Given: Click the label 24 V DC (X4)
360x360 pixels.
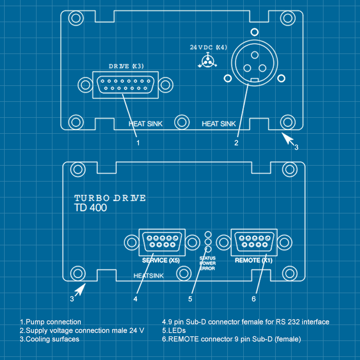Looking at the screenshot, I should [x=208, y=47].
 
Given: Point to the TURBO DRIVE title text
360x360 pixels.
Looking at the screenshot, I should [x=110, y=198].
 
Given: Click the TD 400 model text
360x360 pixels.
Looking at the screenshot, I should [x=91, y=208].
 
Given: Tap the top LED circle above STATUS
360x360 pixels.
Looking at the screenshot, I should [x=208, y=234].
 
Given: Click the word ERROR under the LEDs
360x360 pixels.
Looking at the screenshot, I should [x=207, y=268].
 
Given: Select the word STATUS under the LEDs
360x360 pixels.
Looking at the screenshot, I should [x=207, y=257].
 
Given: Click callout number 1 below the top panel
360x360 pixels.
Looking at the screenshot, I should [x=138, y=143].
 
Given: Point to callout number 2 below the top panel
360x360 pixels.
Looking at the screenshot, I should [x=236, y=143].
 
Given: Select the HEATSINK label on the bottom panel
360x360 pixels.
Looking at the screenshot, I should [x=149, y=276].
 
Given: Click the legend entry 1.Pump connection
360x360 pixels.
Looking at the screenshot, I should [x=50, y=322].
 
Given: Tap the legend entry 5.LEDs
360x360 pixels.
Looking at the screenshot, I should [x=174, y=331].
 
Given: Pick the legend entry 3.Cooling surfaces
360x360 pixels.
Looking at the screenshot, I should [x=50, y=339].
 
